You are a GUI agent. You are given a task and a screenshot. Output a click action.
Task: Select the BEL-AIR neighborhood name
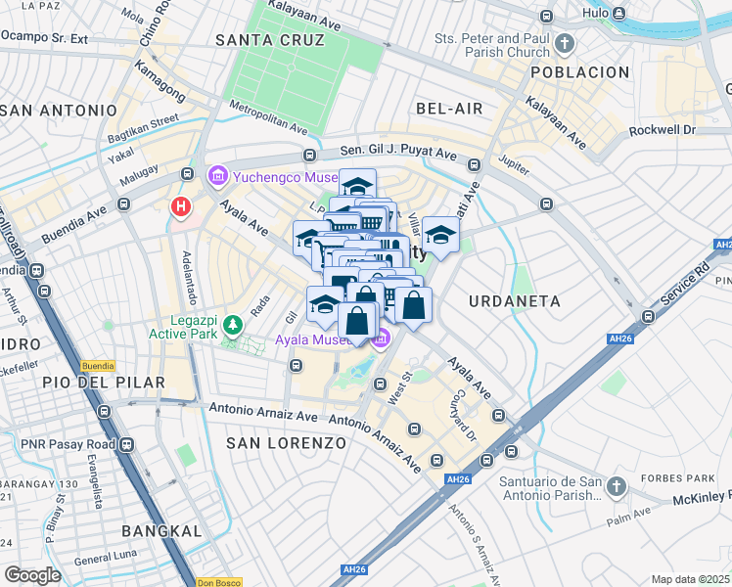[449, 108]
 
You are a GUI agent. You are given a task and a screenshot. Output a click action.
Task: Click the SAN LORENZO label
[287, 443]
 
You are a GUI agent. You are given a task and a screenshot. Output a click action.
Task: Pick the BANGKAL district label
[161, 531]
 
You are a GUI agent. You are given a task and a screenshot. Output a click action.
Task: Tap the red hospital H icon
[181, 206]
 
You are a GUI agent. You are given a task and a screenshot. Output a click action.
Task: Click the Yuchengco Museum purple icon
[217, 177]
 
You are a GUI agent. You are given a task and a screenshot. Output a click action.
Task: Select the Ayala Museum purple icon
[382, 339]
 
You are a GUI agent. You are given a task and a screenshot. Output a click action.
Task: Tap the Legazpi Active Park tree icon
[233, 324]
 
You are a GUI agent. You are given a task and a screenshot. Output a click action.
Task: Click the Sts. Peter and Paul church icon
[565, 44]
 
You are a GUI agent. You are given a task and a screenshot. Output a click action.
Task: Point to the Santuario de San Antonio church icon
[616, 486]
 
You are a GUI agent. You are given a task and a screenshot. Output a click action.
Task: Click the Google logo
[33, 575]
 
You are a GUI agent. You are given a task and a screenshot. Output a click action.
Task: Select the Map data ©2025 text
[690, 579]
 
